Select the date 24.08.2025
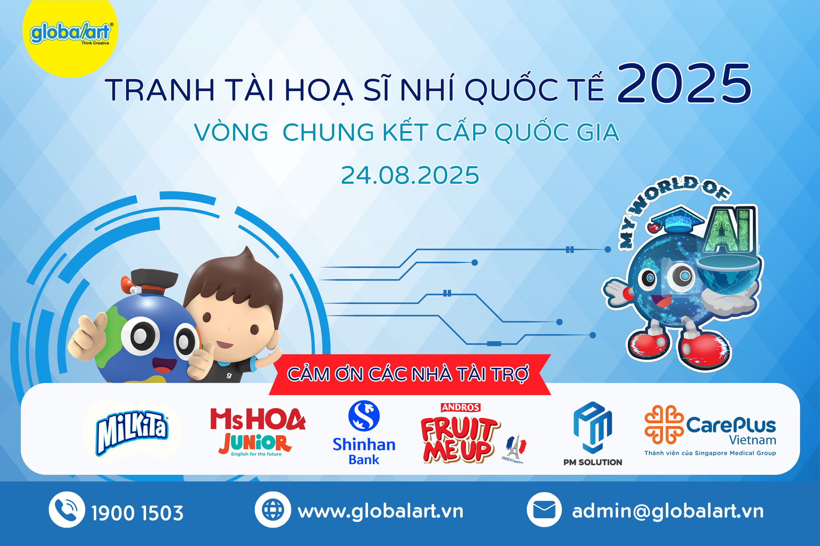pyautogui.click(x=410, y=175)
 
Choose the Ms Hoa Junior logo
pyautogui.click(x=257, y=432)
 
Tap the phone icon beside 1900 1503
pyautogui.click(x=67, y=510)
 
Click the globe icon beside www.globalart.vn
pyautogui.click(x=273, y=510)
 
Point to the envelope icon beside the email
pyautogui.click(x=544, y=510)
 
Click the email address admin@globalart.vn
pyautogui.click(x=668, y=512)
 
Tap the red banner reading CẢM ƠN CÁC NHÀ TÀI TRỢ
pyautogui.click(x=408, y=374)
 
